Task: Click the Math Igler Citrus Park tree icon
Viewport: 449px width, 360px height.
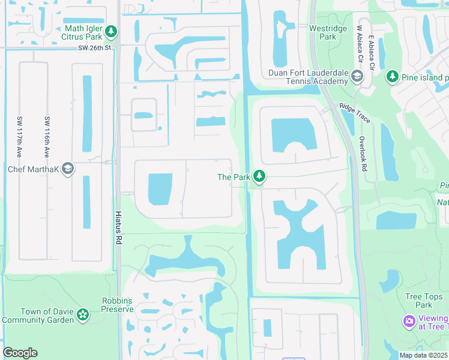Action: pos(110,31)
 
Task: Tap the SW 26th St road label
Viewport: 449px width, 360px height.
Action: pos(95,48)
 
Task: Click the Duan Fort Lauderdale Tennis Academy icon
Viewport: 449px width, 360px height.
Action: pos(357,76)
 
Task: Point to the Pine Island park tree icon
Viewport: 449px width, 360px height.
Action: pos(392,77)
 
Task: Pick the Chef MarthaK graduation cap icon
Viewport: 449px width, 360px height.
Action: pos(68,169)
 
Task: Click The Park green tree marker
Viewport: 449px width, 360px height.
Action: pos(259,176)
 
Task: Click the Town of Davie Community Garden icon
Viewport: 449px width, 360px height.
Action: pos(83,314)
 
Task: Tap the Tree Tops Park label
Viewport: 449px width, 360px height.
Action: pos(418,301)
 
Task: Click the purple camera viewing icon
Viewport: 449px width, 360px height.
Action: pos(409,322)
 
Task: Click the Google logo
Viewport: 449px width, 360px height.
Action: pos(20,353)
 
